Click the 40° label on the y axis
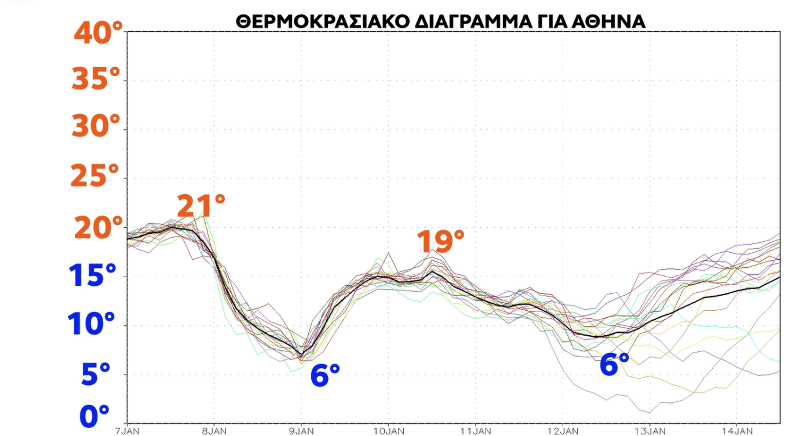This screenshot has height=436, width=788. [99, 33]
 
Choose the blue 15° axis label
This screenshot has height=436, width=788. [93, 276]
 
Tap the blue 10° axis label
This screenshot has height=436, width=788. [93, 324]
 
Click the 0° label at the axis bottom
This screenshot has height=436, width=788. [94, 416]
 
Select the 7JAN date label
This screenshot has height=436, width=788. [126, 431]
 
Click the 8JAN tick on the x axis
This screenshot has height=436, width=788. [214, 431]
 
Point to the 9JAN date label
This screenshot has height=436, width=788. [301, 431]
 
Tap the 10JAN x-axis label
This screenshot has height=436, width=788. [388, 431]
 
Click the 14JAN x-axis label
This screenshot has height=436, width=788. [736, 431]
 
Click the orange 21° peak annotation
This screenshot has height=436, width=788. [200, 206]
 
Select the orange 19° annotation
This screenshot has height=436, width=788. [440, 241]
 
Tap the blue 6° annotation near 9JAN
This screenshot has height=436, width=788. [325, 376]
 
